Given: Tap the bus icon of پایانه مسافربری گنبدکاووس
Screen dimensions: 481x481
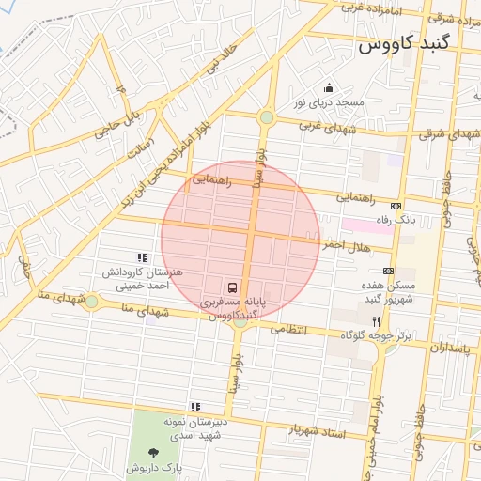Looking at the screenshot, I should (x=231, y=287).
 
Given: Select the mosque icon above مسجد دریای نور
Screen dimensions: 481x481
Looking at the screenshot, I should (x=328, y=88).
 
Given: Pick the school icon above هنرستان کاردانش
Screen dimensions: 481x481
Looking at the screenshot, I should (x=142, y=257).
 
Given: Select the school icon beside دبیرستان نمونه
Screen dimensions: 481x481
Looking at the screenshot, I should (x=195, y=407).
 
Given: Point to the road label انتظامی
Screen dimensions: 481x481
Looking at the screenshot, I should (x=290, y=331).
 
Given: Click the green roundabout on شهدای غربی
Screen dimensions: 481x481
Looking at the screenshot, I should (x=267, y=117).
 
